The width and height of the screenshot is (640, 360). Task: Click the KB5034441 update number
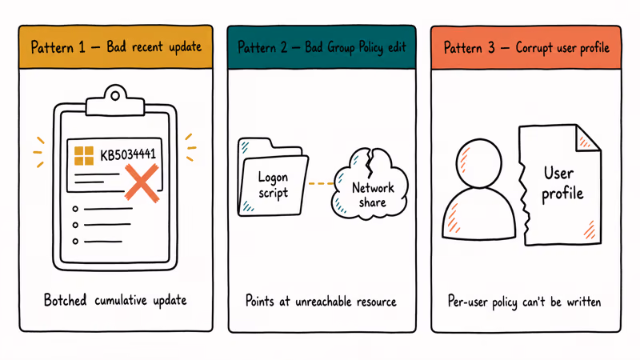pyautogui.click(x=128, y=154)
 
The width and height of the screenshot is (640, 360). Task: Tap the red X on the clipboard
pyautogui.click(x=142, y=183)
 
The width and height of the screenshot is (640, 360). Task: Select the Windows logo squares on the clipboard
pyautogui.click(x=84, y=155)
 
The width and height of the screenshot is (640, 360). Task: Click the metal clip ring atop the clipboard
pyautogui.click(x=115, y=96)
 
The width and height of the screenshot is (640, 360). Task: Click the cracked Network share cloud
pyautogui.click(x=370, y=184)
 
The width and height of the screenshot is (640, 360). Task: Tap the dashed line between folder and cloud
pyautogui.click(x=321, y=184)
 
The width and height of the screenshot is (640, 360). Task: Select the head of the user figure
pyautogui.click(x=478, y=163)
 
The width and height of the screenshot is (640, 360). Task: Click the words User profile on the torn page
pyautogui.click(x=562, y=183)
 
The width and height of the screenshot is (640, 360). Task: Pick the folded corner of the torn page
pyautogui.click(x=588, y=138)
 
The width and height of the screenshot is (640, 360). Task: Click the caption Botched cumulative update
pyautogui.click(x=115, y=300)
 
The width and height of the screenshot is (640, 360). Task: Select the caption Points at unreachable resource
pyautogui.click(x=321, y=302)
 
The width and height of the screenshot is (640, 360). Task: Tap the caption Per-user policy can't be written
pyautogui.click(x=524, y=302)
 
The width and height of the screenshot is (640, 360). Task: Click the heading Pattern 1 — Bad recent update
pyautogui.click(x=116, y=47)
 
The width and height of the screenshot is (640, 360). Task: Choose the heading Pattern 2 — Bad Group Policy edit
pyautogui.click(x=322, y=47)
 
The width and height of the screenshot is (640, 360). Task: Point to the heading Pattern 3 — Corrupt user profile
pyautogui.click(x=526, y=48)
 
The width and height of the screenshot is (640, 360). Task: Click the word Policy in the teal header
pyautogui.click(x=370, y=48)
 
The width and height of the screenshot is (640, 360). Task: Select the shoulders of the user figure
pyautogui.click(x=478, y=214)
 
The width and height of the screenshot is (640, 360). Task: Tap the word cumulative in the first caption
pyautogui.click(x=121, y=301)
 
